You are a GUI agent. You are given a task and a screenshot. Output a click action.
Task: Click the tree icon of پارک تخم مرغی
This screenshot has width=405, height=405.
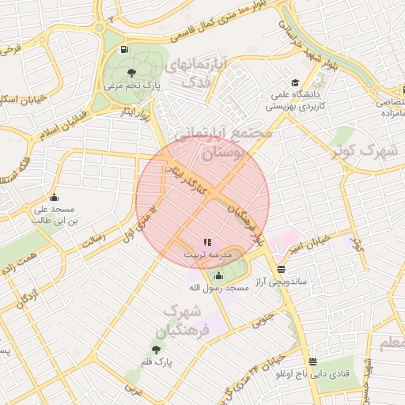[x=131, y=73]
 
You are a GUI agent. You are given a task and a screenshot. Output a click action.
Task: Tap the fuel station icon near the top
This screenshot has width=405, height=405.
[x=124, y=50]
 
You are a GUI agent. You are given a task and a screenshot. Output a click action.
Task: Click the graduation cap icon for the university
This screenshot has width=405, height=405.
[x=295, y=82]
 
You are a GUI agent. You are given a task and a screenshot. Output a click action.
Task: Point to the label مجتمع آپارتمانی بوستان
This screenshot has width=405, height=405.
[x=223, y=142]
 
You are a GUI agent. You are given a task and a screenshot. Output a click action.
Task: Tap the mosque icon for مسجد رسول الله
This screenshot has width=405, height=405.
[x=218, y=275]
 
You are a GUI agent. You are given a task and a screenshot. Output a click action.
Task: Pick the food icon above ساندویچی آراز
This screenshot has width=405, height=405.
[x=282, y=269]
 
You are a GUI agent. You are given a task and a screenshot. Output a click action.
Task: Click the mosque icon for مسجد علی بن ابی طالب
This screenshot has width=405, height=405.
[x=54, y=197]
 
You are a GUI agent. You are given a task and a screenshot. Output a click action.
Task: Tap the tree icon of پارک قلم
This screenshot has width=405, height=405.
[x=155, y=349]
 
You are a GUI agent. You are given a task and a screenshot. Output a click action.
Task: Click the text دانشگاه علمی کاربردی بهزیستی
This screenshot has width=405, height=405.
[x=294, y=100]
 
